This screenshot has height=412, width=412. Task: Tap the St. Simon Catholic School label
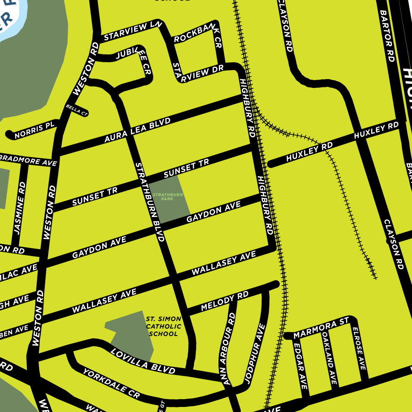[163, 326]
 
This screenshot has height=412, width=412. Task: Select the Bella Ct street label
[76, 110]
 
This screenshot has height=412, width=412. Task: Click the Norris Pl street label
[34, 130]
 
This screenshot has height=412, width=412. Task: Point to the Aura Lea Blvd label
[137, 130]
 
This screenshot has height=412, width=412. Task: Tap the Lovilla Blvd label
[142, 360]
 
